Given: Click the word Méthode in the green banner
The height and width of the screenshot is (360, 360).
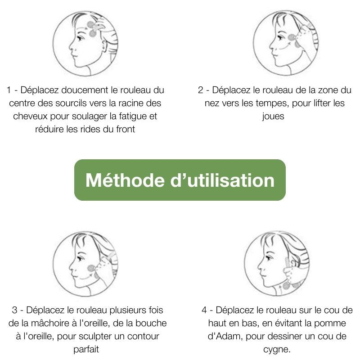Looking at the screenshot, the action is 125,180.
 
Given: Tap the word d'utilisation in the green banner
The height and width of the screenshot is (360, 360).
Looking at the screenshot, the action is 222,180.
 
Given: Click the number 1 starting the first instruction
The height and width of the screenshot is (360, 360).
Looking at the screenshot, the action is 9,90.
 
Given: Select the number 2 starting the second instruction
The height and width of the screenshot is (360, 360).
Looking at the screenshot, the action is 200,90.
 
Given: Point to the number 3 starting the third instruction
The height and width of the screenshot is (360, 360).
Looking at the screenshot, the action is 15,310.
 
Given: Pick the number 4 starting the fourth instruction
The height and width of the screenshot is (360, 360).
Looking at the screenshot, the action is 204,310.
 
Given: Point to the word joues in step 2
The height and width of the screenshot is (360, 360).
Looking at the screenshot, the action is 273,117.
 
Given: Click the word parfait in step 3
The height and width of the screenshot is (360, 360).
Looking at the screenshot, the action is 86,350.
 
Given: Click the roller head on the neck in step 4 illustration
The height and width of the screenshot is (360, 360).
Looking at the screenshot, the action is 287,286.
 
